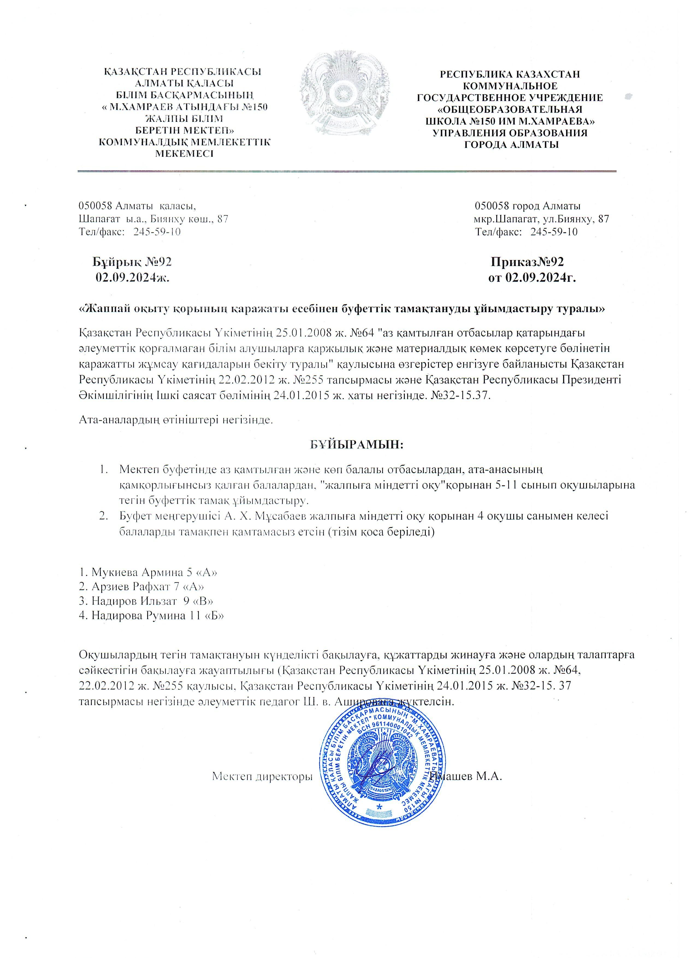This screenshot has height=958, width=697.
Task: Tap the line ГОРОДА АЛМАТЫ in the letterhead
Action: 511,145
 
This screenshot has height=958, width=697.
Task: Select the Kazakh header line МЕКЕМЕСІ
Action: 185,153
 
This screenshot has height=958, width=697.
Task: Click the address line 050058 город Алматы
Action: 527,206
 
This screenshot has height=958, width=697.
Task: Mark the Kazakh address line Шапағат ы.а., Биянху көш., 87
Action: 154,219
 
